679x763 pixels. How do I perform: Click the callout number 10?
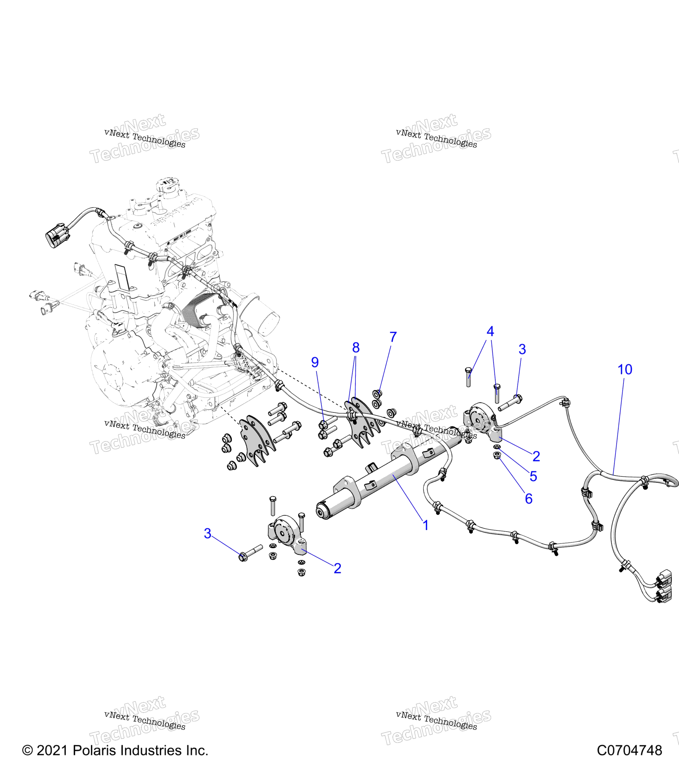(x=625, y=370)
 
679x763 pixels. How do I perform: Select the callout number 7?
(x=393, y=337)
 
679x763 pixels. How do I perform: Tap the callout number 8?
(x=356, y=348)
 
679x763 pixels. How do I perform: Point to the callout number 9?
(x=315, y=362)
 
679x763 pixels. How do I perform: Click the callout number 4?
(x=490, y=331)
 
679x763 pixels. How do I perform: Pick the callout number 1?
(x=425, y=525)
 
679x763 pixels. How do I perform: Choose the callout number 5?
(x=533, y=476)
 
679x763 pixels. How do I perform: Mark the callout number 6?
(x=528, y=499)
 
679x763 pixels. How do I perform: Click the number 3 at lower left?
(x=207, y=534)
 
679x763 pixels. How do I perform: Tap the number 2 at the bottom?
(x=338, y=569)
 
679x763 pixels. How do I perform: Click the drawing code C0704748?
(x=629, y=750)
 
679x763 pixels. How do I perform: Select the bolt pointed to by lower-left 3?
(x=250, y=553)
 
